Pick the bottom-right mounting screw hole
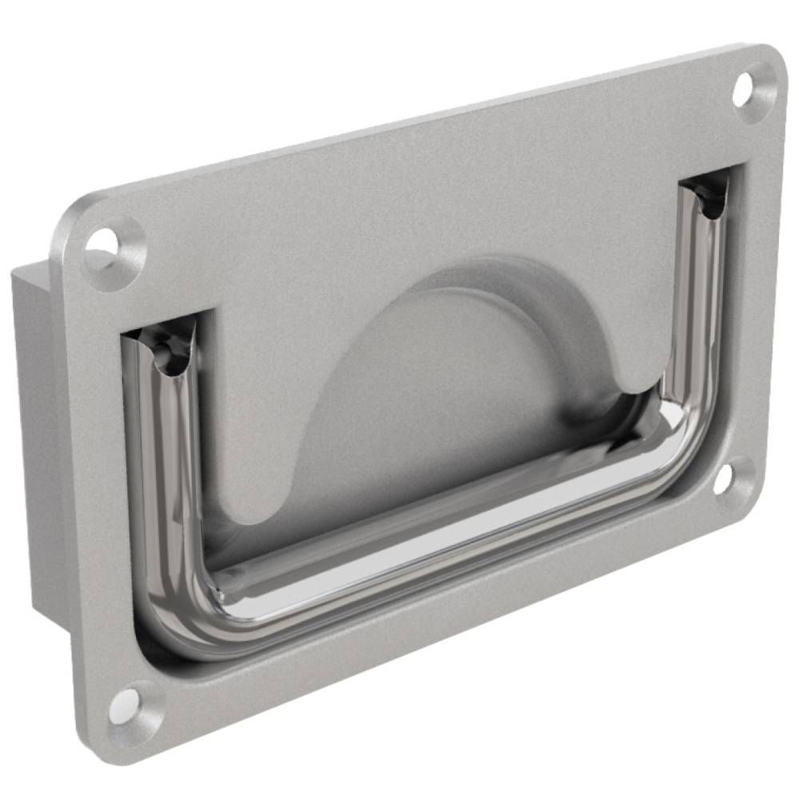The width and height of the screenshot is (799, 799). point(723,479)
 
